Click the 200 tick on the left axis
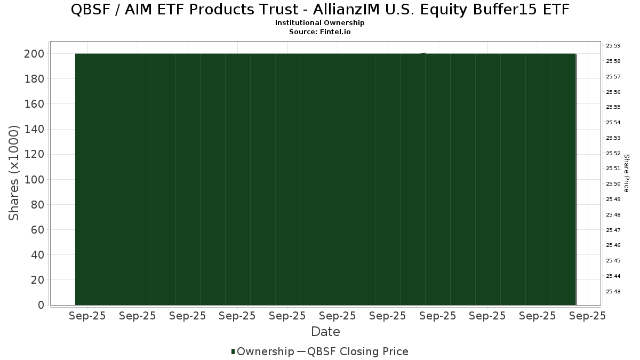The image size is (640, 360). point(34,54)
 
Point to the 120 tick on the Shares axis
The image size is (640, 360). point(34,154)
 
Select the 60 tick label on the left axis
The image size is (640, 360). point(38,230)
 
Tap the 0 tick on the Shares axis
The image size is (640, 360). point(41,305)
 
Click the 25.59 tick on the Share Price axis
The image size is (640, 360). point(613,46)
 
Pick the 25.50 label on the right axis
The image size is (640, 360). point(613,183)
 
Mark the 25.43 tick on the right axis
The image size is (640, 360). point(613,291)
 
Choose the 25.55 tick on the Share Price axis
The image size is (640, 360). point(613,107)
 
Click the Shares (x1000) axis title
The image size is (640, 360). point(14,173)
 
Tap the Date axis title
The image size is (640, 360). point(325,332)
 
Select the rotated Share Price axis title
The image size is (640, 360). point(626,173)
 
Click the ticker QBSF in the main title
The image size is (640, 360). point(90,10)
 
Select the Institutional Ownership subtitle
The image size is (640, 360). point(319,23)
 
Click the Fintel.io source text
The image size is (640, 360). point(335,31)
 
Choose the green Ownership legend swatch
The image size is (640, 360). point(233,351)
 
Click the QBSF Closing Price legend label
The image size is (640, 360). point(357,351)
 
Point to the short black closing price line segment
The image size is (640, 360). point(422,53)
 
